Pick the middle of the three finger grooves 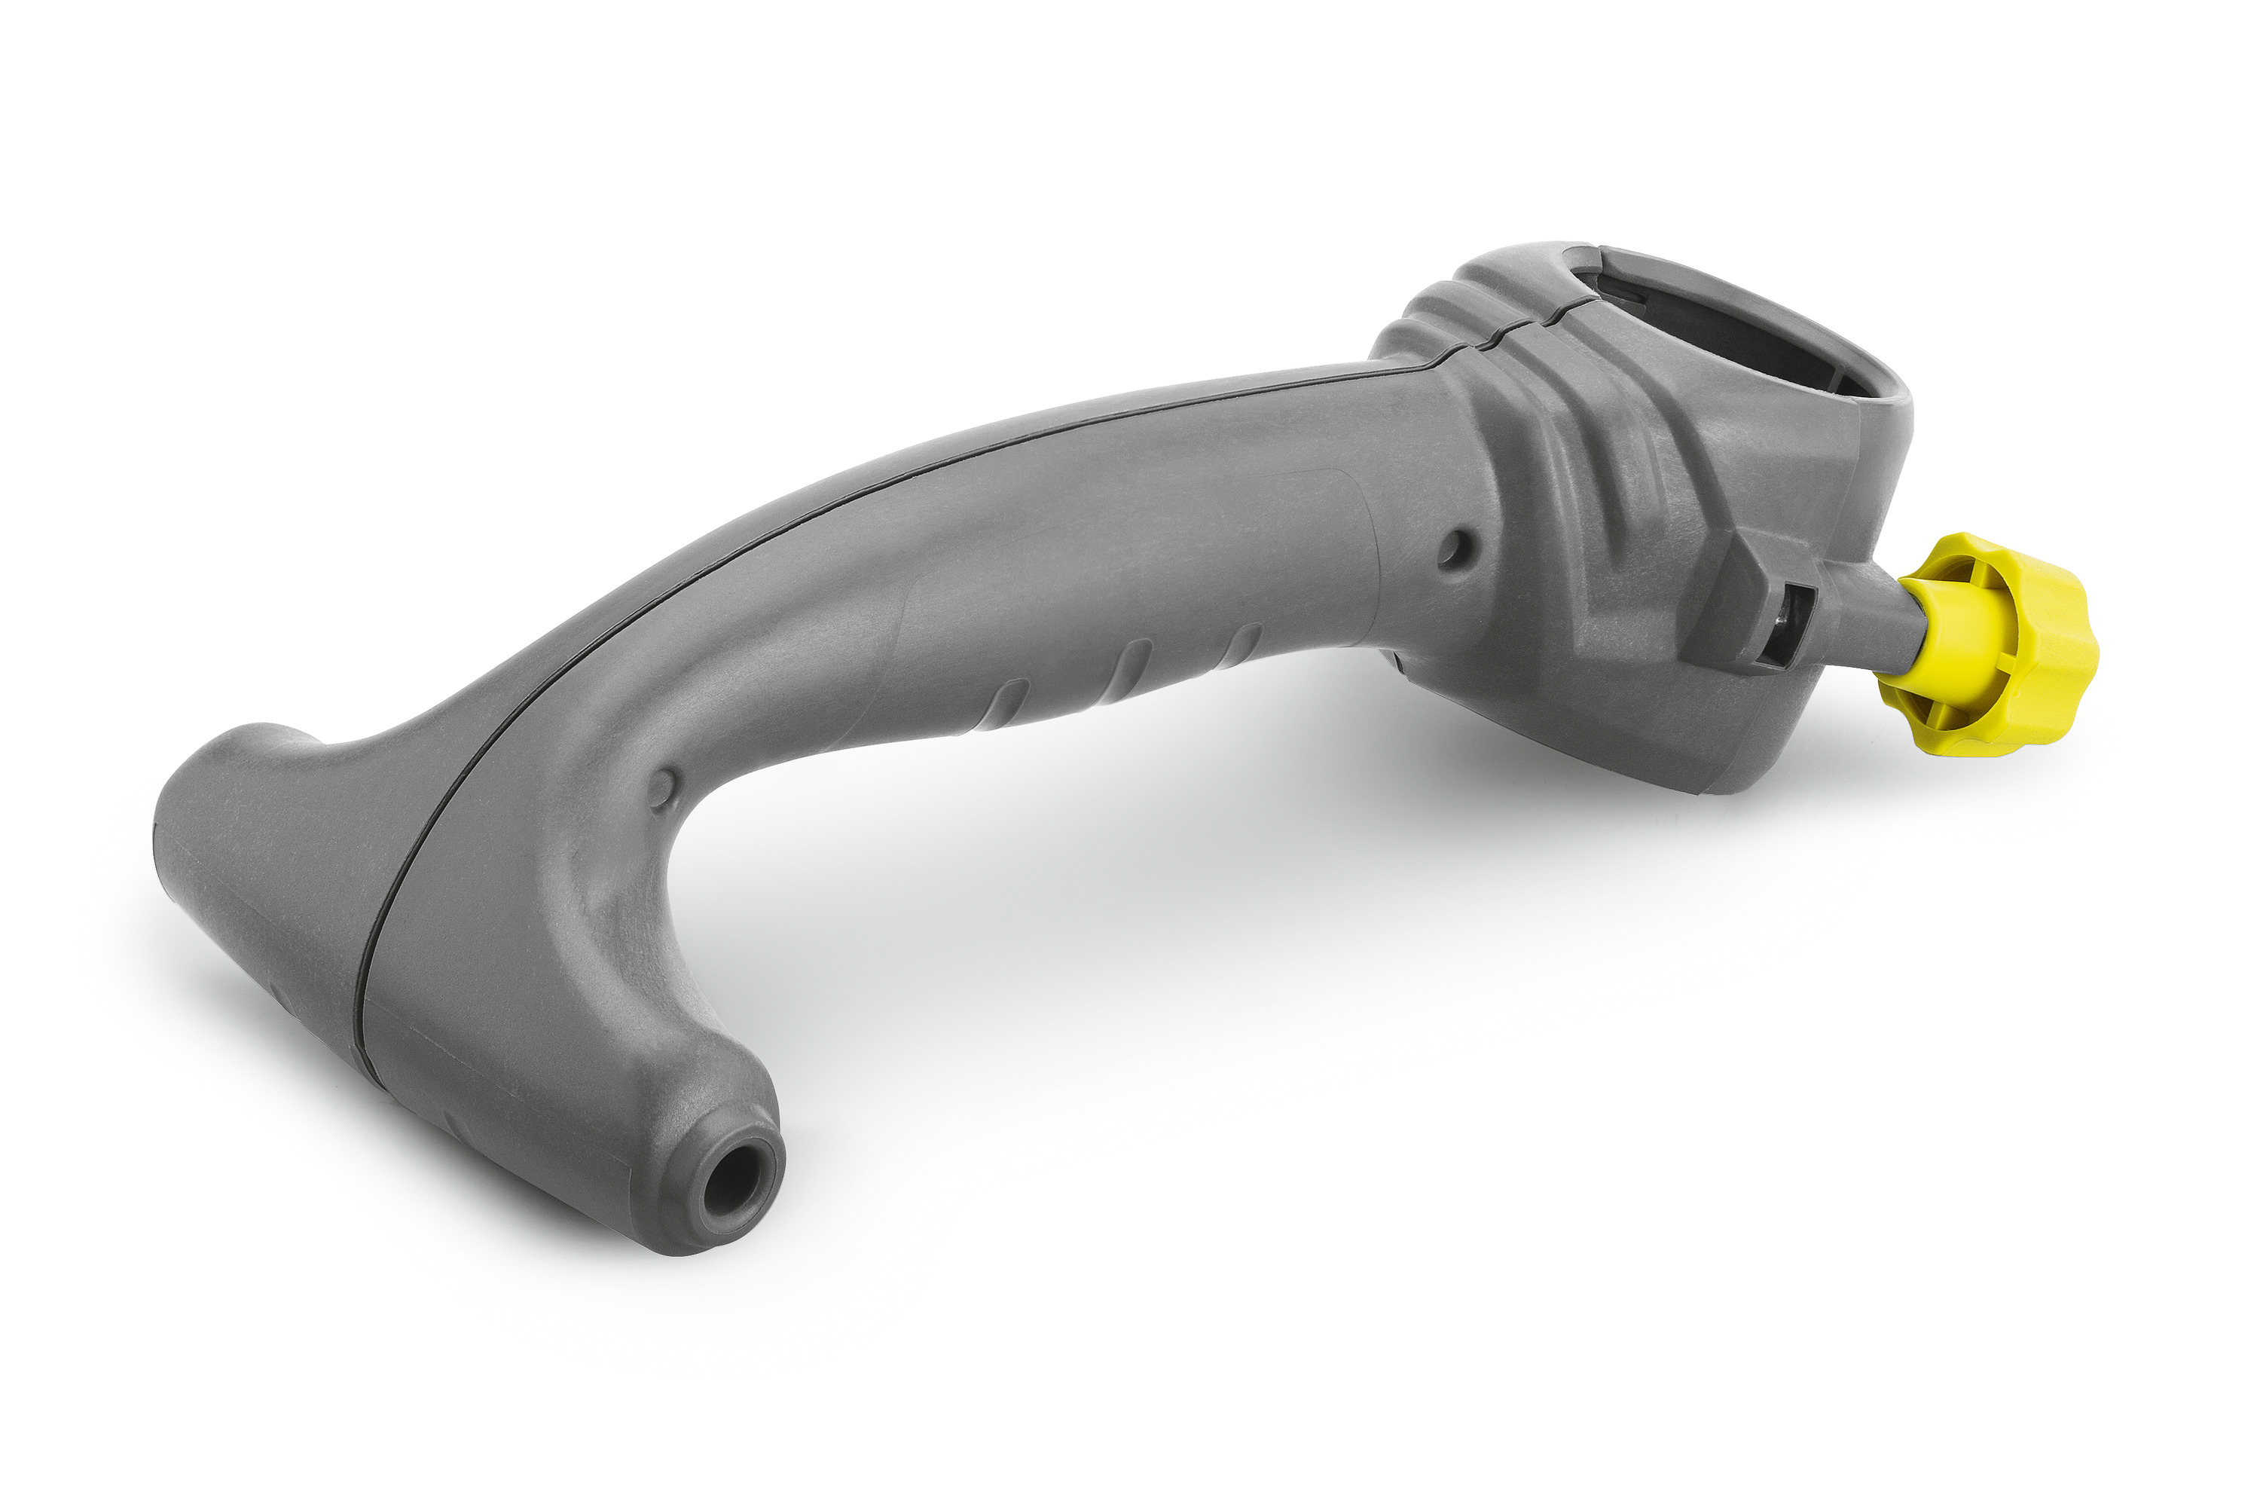[1134, 663]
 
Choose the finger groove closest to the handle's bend [1009, 702]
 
